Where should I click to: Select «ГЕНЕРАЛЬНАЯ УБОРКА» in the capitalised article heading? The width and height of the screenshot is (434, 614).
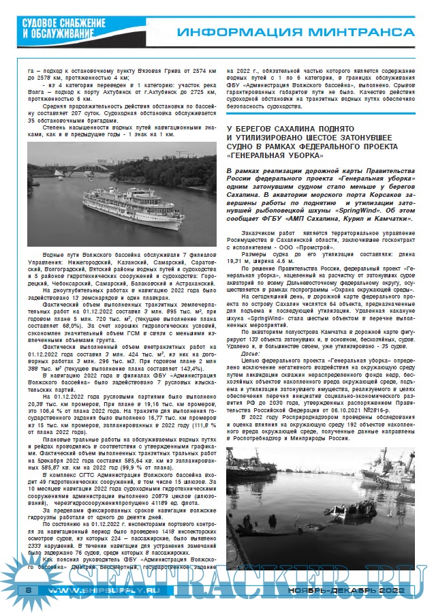click(274, 155)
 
